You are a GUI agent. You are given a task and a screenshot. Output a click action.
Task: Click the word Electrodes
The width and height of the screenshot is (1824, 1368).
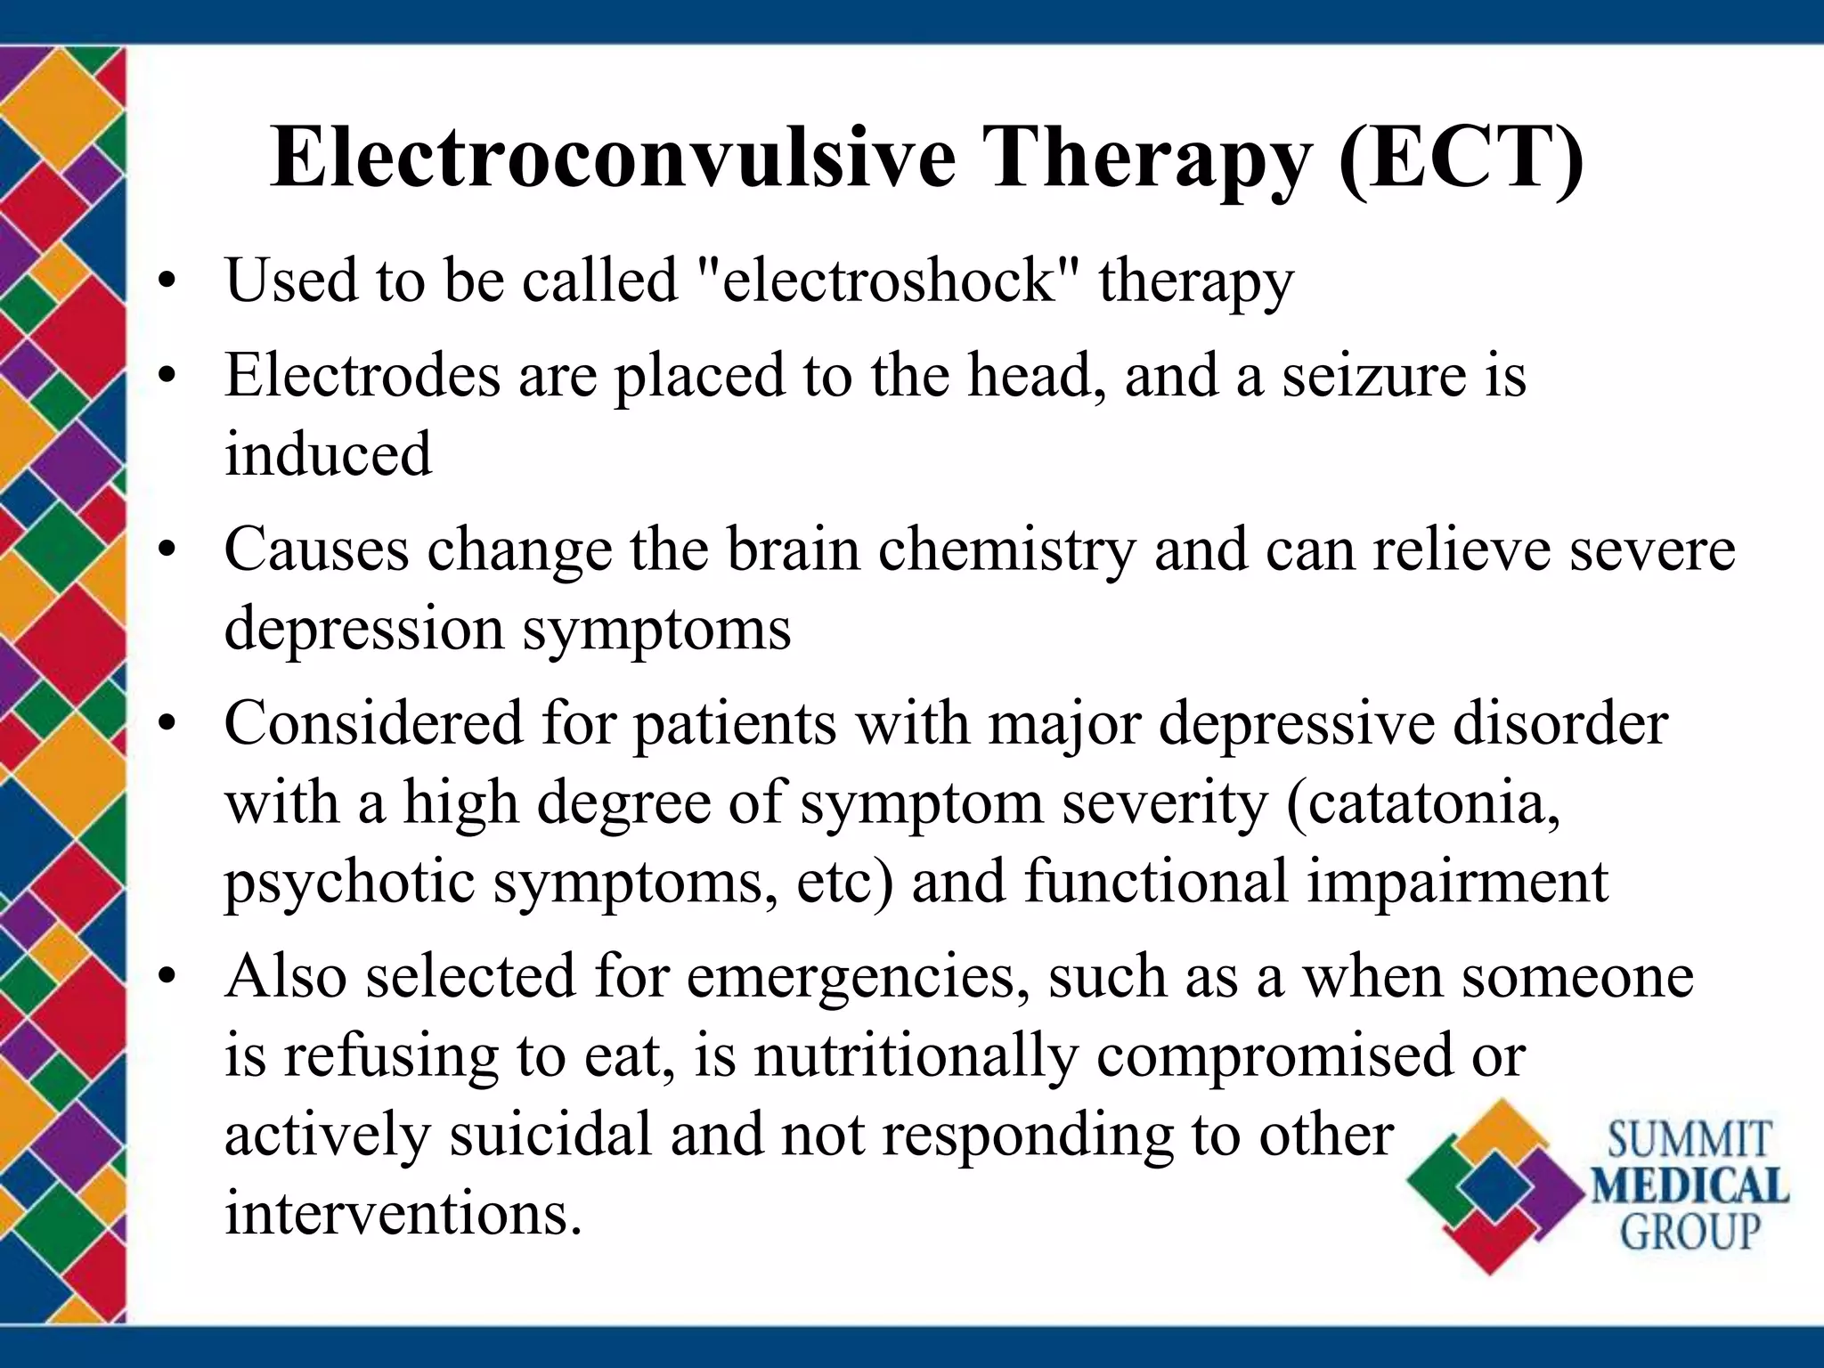[x=362, y=375]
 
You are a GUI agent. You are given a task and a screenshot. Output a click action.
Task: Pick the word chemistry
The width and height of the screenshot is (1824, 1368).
[x=1007, y=550]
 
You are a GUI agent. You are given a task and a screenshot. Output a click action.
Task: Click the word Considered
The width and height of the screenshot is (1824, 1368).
[x=373, y=723]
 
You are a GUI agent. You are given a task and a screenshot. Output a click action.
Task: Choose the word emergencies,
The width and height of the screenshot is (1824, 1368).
[x=851, y=976]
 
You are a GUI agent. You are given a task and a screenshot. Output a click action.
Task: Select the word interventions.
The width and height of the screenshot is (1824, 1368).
[x=403, y=1213]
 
